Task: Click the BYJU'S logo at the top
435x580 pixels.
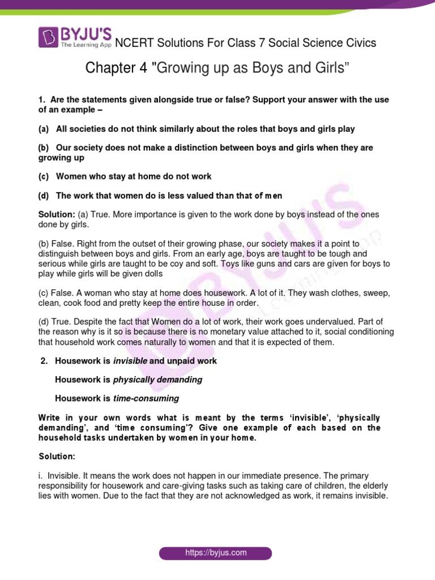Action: pyautogui.click(x=75, y=37)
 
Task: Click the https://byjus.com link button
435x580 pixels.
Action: pyautogui.click(x=215, y=553)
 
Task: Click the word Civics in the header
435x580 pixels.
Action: pyautogui.click(x=357, y=43)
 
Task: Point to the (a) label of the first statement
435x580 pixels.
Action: pyautogui.click(x=44, y=129)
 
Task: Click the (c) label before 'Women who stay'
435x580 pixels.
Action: pyautogui.click(x=44, y=177)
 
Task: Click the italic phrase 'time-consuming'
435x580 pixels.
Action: pyautogui.click(x=146, y=398)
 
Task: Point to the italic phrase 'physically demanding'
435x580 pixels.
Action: pyautogui.click(x=158, y=379)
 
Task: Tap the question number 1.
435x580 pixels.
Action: pyautogui.click(x=41, y=100)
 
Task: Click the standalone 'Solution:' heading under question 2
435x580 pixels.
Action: pyautogui.click(x=57, y=456)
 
